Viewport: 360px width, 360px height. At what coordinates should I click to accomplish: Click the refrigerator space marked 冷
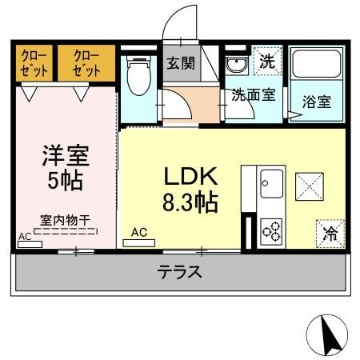pos(329,233)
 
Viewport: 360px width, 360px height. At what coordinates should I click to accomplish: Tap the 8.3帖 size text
pos(190,202)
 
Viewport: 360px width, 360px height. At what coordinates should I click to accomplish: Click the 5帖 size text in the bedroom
pos(66,181)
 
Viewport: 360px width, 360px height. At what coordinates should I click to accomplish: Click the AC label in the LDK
pos(139,233)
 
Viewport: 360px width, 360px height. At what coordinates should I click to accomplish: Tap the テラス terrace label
pos(178,272)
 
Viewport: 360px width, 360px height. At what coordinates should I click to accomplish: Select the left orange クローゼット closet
pos(33,62)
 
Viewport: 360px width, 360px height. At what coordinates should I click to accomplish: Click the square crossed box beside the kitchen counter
pos(309,186)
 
